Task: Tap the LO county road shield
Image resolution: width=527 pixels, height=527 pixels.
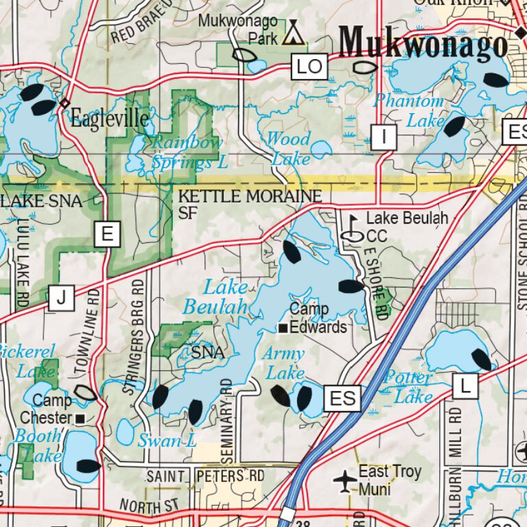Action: (309, 67)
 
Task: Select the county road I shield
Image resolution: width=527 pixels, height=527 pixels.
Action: (384, 137)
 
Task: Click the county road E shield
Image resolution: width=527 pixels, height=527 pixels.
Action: (107, 235)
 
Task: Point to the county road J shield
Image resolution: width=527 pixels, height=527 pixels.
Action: (61, 297)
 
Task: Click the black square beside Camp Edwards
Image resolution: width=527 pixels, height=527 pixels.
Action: (282, 329)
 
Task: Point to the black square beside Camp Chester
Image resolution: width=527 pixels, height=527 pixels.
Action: (80, 418)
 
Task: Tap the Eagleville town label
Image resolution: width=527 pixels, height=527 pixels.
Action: (110, 119)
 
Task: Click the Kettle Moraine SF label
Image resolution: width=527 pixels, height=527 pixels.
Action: (249, 204)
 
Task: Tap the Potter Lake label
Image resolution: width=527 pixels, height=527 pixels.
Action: (409, 387)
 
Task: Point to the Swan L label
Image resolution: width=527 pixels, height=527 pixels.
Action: (167, 441)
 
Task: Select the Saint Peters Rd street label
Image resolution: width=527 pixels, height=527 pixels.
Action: (205, 476)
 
